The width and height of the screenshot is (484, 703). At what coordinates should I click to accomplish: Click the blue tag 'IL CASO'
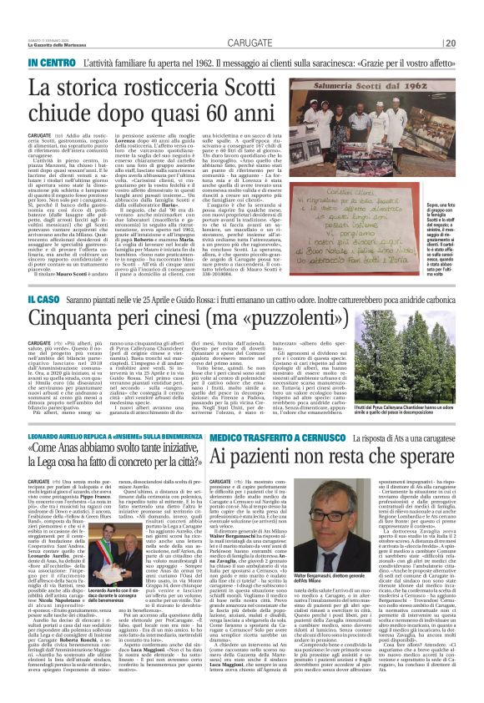(x=46, y=299)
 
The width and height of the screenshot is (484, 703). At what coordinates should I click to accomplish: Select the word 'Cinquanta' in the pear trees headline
(x=84, y=321)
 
